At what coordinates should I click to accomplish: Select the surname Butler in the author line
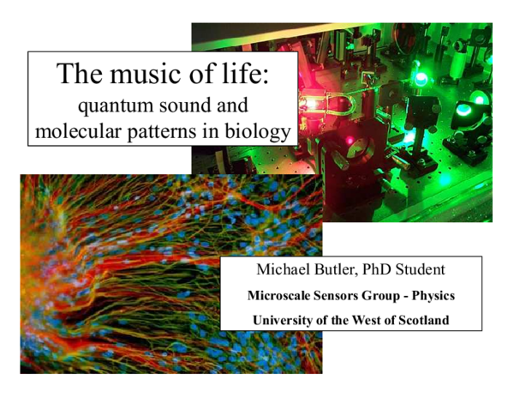tap(344, 270)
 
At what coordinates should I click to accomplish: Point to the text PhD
tap(391, 270)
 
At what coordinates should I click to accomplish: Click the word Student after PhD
tap(440, 270)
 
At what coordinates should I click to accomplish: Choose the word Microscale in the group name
tap(280, 296)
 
